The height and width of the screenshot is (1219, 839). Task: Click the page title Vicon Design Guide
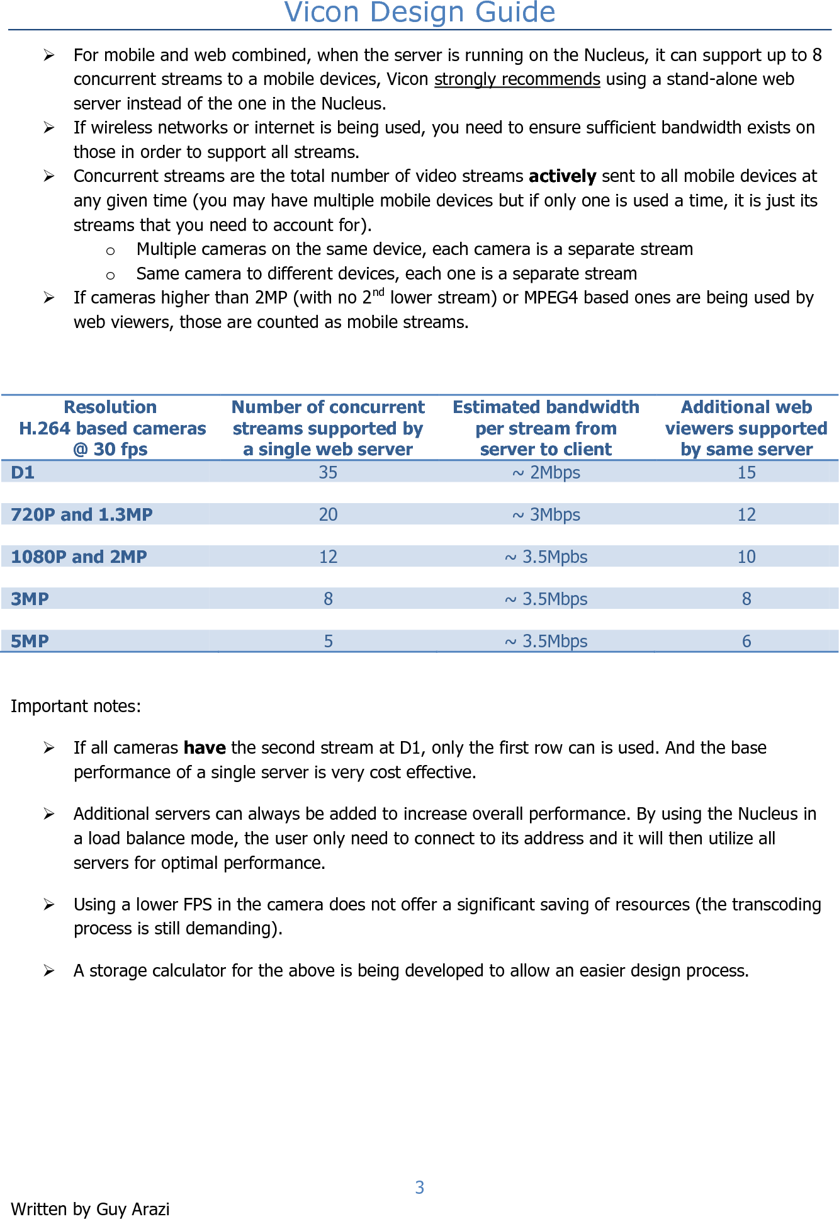419,13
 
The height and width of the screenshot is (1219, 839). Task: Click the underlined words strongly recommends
517,79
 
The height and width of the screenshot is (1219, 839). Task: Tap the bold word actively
562,176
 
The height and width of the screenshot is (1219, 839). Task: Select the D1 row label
23,472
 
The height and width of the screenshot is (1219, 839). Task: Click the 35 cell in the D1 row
328,472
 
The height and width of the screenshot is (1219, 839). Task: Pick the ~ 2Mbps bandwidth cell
546,472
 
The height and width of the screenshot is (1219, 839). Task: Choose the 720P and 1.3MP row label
82,514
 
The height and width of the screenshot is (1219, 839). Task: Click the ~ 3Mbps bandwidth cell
546,514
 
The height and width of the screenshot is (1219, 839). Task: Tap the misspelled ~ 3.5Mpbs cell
546,557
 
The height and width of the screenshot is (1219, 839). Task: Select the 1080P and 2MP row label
79,557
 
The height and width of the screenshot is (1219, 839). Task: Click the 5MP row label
30,641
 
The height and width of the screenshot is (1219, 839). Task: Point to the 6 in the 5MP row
746,641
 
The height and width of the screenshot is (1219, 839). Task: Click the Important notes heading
76,706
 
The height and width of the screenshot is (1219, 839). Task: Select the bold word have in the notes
205,748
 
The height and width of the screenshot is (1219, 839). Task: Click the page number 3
419,1188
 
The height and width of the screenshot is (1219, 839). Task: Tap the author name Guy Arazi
133,1210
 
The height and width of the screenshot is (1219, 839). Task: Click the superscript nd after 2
378,292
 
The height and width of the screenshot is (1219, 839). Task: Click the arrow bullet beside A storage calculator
49,971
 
